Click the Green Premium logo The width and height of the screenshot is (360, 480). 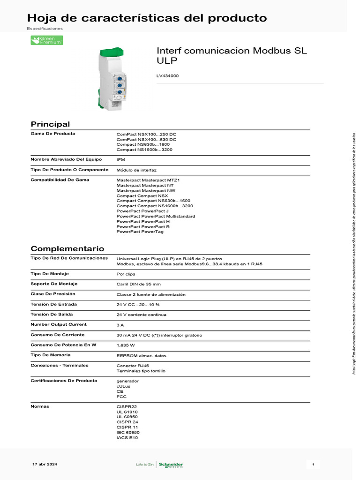(47, 40)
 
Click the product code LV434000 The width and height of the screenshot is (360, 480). (167, 75)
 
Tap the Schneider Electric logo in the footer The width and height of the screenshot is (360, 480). (171, 465)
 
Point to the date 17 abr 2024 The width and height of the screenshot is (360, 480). (45, 464)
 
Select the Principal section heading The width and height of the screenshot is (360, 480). (50, 124)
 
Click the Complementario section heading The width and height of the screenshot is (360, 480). (67, 248)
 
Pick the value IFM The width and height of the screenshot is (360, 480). (120, 160)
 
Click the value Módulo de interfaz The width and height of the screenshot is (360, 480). (136, 170)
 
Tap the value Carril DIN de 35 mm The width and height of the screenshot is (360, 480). (138, 284)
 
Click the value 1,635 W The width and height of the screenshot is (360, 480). (126, 345)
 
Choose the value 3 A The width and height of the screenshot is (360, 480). (120, 325)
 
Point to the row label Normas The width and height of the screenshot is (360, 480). (40, 406)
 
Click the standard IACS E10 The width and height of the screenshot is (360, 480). (127, 437)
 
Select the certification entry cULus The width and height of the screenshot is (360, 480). (123, 386)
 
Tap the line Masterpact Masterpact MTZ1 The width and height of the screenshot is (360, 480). (148, 180)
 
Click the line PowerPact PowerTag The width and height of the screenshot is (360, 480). (140, 232)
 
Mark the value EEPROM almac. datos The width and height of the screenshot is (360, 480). (141, 355)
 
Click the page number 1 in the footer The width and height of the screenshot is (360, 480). (313, 464)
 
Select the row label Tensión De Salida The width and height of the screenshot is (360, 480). (52, 315)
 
